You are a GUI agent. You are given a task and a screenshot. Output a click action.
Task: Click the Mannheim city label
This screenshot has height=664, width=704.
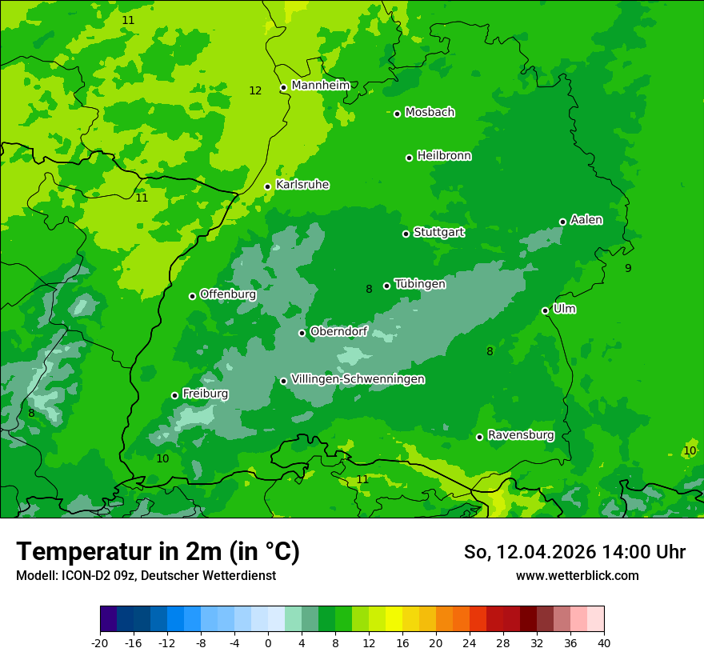click(320, 86)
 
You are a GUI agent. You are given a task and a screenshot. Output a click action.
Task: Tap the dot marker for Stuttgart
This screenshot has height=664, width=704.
click(406, 234)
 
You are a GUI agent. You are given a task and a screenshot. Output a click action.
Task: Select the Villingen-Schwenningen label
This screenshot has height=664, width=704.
click(358, 379)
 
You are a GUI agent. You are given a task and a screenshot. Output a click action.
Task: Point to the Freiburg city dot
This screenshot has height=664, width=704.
click(174, 395)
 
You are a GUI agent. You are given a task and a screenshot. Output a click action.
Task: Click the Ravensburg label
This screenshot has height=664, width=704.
click(521, 435)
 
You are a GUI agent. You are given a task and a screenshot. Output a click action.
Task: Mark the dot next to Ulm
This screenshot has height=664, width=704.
click(545, 310)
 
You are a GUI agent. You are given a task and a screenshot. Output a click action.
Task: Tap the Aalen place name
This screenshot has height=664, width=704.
click(586, 220)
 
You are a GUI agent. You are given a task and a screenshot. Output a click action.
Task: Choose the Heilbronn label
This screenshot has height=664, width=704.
click(444, 156)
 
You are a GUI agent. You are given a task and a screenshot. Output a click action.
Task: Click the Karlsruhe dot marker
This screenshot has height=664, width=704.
click(267, 186)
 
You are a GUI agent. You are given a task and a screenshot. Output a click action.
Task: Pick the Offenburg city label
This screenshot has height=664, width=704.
click(228, 294)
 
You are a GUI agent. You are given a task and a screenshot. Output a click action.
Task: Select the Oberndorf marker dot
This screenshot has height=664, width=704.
click(302, 333)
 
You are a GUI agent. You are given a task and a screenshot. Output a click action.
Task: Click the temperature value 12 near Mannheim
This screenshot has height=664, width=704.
click(255, 91)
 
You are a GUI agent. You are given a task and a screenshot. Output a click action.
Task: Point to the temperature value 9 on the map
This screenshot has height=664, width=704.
click(628, 269)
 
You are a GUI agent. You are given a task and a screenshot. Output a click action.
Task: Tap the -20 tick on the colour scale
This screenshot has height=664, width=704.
click(100, 643)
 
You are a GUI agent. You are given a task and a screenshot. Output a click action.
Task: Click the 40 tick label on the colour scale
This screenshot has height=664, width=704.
click(604, 643)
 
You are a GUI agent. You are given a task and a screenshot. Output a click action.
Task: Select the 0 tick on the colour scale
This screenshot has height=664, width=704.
click(268, 643)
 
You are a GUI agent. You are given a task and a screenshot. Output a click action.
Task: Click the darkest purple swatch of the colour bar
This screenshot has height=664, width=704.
click(108, 619)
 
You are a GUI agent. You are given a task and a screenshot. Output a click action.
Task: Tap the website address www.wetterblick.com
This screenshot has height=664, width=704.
click(577, 576)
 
